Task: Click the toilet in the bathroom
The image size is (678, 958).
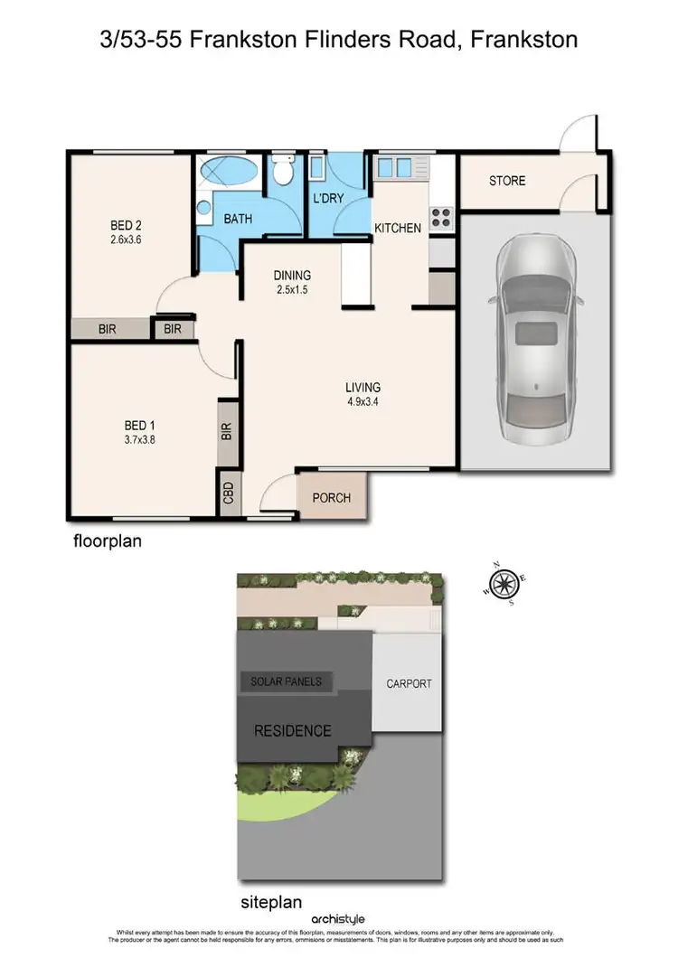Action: pyautogui.click(x=283, y=169)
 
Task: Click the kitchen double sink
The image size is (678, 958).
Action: pyautogui.click(x=396, y=166)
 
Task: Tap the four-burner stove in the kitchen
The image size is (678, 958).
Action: pyautogui.click(x=440, y=217)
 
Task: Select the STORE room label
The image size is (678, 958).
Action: pyautogui.click(x=506, y=181)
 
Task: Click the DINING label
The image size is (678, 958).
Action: pyautogui.click(x=292, y=276)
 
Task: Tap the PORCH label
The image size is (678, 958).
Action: pyautogui.click(x=331, y=498)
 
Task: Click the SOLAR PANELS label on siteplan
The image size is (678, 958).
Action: pyautogui.click(x=286, y=681)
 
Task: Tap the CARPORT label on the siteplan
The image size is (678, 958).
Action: pyautogui.click(x=408, y=683)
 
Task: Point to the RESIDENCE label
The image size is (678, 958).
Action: pyautogui.click(x=292, y=730)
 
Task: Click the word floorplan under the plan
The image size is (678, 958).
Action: pyautogui.click(x=108, y=542)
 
